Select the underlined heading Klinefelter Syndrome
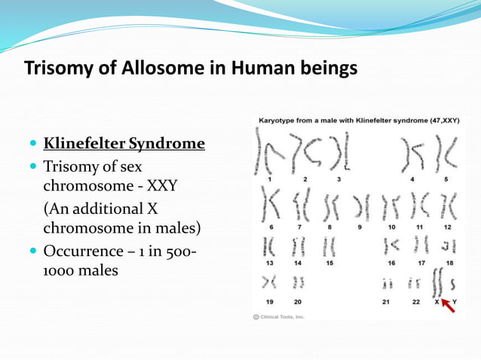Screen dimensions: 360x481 point(124,143)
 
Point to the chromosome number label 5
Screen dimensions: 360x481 point(446,179)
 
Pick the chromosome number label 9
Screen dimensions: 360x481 point(360,227)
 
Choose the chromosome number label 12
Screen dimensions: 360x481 point(447,227)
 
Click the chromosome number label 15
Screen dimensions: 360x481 point(330,263)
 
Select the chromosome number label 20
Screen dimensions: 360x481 point(298,301)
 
